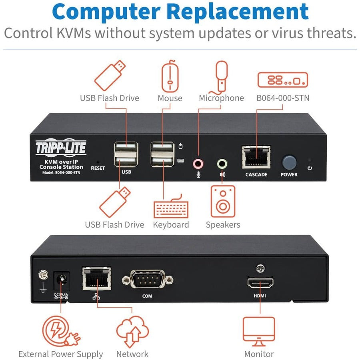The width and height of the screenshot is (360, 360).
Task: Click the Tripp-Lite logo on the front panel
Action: coord(61,148)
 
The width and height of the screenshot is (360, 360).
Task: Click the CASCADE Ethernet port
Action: coord(256,157)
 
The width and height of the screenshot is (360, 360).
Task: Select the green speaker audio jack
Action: coord(222,163)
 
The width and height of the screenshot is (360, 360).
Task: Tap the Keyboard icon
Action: coord(171,206)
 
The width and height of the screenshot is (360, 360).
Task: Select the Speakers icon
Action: coord(223,201)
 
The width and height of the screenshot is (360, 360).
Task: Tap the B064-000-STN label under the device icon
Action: coord(283,98)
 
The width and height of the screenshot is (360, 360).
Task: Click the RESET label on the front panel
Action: coord(98,168)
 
